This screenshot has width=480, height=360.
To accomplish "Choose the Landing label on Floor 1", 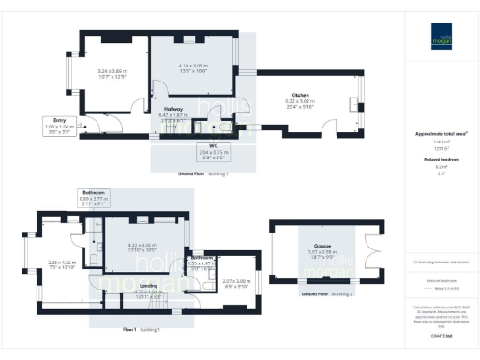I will [147, 286].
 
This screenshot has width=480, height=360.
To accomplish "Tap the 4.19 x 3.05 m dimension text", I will [192, 65].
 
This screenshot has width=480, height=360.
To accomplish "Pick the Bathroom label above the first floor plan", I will [94, 192].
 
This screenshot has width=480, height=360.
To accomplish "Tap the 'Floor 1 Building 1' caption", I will [142, 330].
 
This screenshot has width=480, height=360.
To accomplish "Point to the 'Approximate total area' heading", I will [441, 134].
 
